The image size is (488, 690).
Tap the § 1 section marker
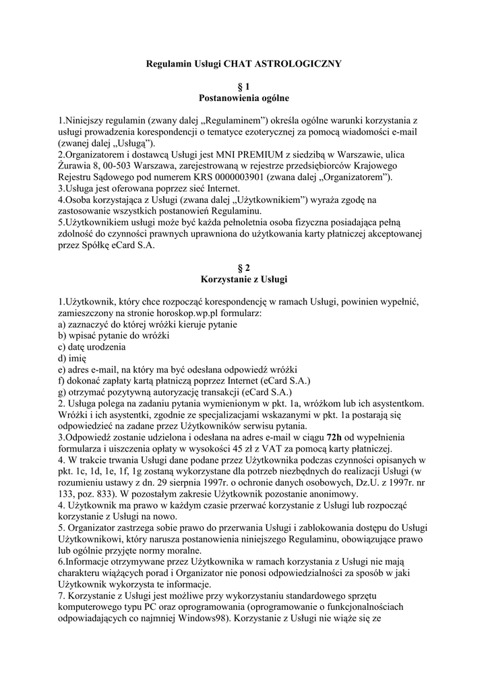pyautogui.click(x=244, y=86)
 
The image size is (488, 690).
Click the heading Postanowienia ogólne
pyautogui.click(x=244, y=98)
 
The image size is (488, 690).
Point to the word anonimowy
pyautogui.click(x=326, y=495)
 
